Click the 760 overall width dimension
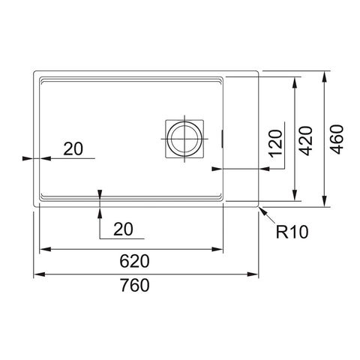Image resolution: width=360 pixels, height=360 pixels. coord(135,285)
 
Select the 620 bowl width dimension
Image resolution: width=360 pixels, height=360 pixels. coord(134,261)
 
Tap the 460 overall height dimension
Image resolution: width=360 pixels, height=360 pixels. coord(336,139)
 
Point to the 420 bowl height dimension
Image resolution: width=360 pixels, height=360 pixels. coord(305,141)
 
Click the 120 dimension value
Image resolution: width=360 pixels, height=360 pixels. coord(275,143)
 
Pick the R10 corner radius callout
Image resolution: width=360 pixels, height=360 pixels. coord(292,232)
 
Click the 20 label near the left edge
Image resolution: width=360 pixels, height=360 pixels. coord(73,148)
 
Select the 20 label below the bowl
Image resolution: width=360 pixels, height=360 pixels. coord(123,229)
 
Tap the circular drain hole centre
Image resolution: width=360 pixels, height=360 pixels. coord(184,139)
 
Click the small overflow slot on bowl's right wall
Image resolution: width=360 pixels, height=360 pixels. coord(222,139)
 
